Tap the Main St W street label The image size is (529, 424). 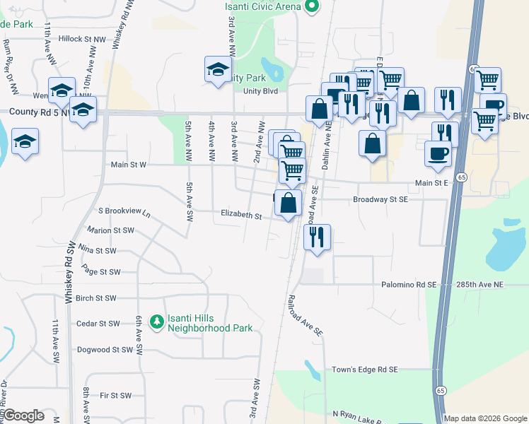click(x=129, y=165)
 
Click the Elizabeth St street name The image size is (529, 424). click(x=241, y=213)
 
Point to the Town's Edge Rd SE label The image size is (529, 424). click(x=366, y=370)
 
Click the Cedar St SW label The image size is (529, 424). click(x=100, y=324)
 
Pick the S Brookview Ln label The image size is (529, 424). click(x=124, y=211)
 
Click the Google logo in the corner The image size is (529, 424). click(x=23, y=416)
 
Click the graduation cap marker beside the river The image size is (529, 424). click(x=25, y=141)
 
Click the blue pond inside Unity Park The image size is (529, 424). click(x=276, y=71)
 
